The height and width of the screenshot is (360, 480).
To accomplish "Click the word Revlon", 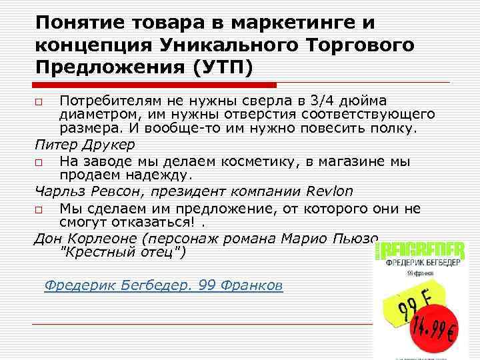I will pyautogui.click(x=328, y=192).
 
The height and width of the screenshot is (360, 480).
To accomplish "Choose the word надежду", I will pyautogui.click(x=156, y=175).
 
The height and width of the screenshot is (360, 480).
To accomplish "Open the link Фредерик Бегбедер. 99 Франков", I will pyautogui.click(x=163, y=285).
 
